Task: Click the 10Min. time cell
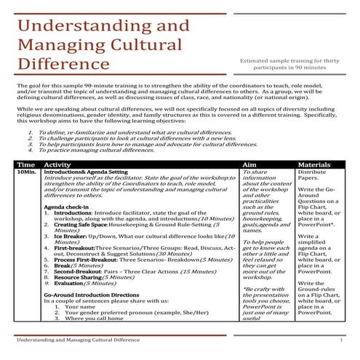pyautogui.click(x=26, y=172)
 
